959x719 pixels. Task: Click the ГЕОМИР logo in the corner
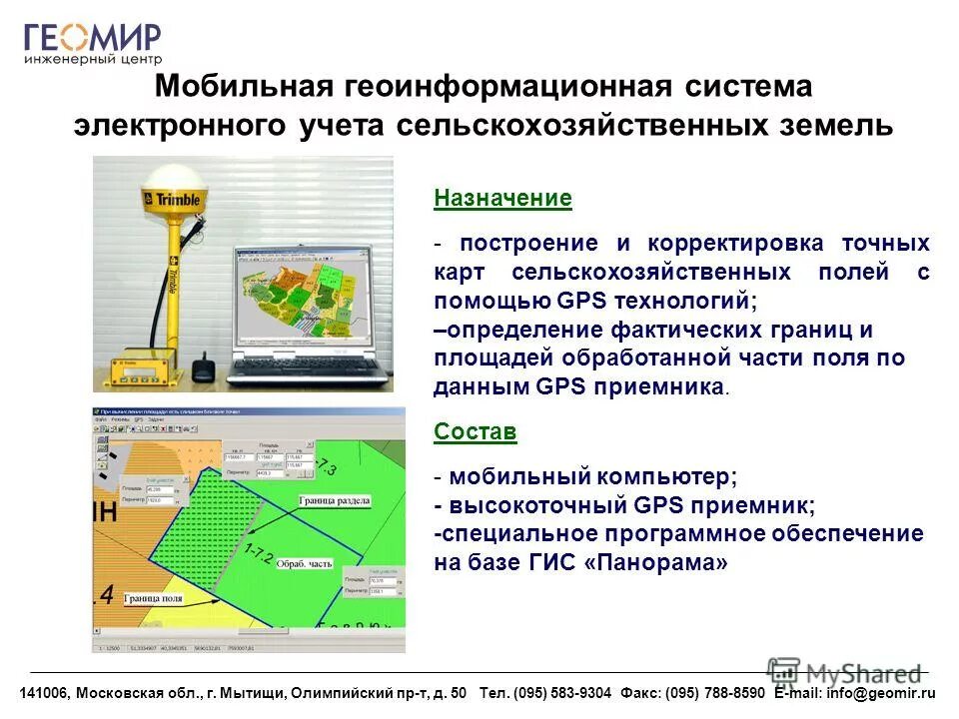coord(92,45)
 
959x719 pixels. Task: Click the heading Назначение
coord(502,198)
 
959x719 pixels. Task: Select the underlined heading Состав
coord(476,431)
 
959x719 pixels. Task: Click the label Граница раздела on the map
coord(335,500)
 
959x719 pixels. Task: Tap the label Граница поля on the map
coord(153,599)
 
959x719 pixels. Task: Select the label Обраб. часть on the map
coord(304,561)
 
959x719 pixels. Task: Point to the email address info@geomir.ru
coord(880,693)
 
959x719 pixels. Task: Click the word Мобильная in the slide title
coord(243,87)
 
